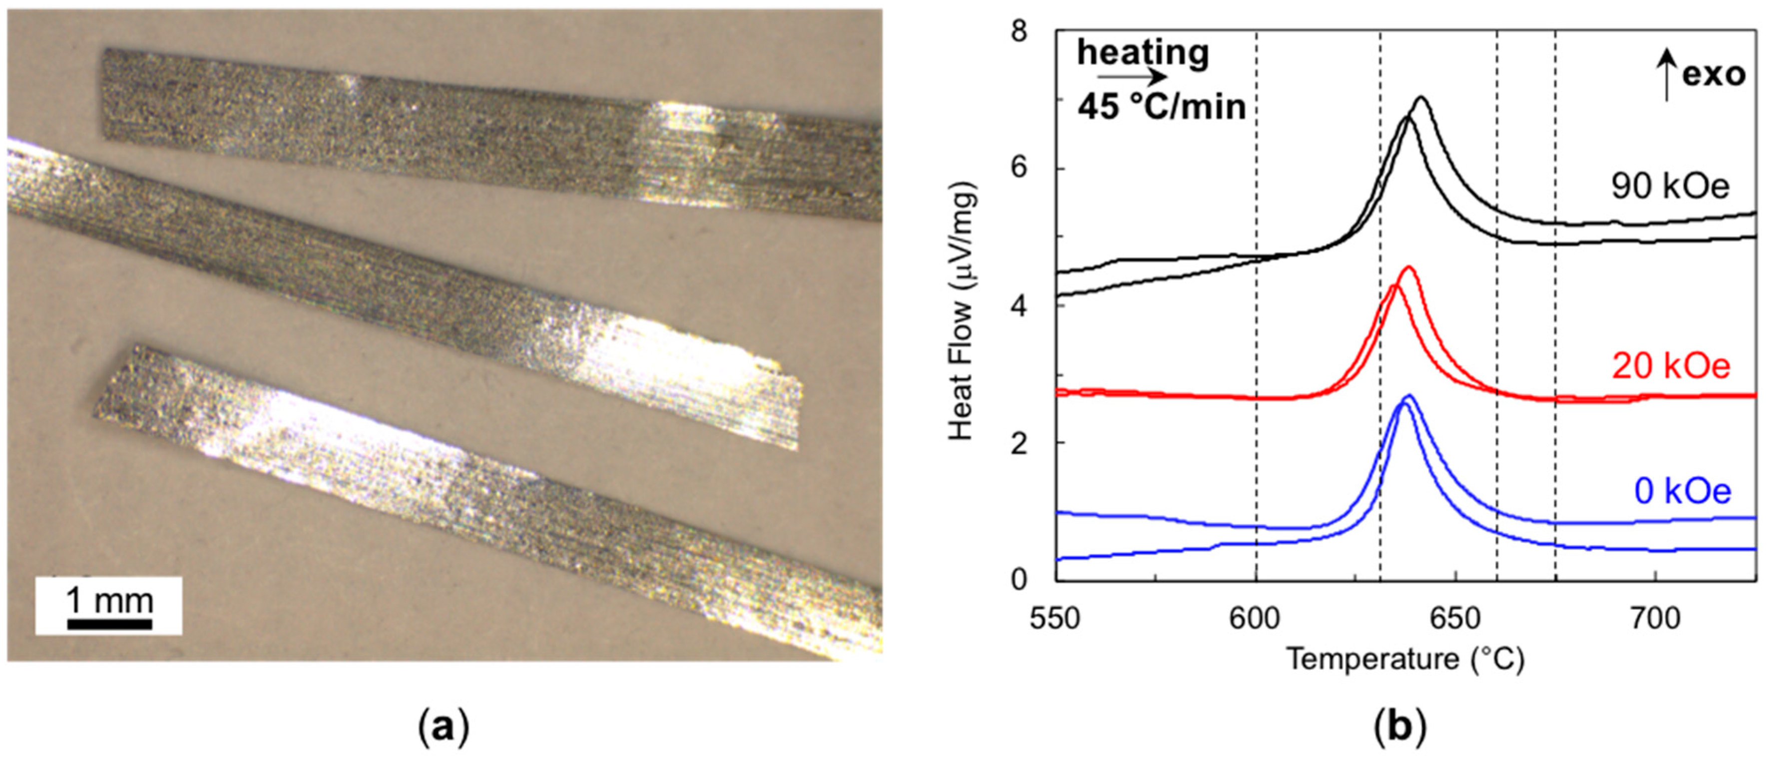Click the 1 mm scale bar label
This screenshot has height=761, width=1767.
pyautogui.click(x=110, y=602)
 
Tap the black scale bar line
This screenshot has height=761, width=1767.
pyautogui.click(x=110, y=625)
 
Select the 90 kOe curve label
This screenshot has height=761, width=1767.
pyautogui.click(x=1670, y=187)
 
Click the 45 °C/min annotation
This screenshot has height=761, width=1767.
pyautogui.click(x=1161, y=108)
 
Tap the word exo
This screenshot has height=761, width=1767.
pyautogui.click(x=1714, y=74)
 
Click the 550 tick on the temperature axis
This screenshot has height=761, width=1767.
pyautogui.click(x=1056, y=619)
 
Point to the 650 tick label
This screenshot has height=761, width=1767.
pyautogui.click(x=1455, y=619)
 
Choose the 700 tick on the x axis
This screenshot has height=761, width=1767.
pyautogui.click(x=1655, y=619)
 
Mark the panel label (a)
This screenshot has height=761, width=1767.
pyautogui.click(x=444, y=728)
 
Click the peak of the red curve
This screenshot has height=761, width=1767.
pyautogui.click(x=1408, y=267)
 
